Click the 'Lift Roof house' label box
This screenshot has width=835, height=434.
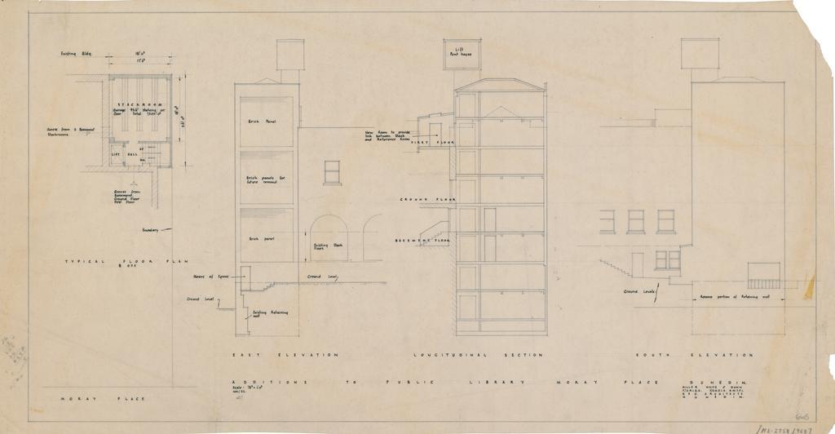coord(462,53)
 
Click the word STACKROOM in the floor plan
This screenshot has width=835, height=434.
coord(138,106)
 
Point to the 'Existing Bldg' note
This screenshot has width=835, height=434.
coord(76,54)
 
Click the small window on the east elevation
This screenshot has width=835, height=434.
coord(332,172)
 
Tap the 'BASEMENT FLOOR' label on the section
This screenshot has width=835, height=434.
coord(424,241)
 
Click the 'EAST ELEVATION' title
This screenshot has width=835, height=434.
coord(285,356)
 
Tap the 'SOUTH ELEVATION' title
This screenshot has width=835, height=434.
coord(694,356)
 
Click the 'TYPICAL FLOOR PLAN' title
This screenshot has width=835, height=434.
coord(126,261)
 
